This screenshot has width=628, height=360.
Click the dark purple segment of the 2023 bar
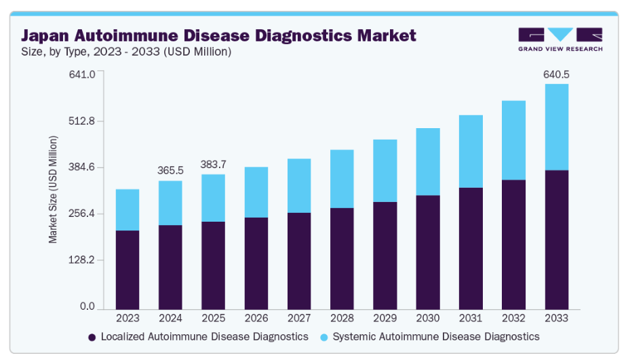127,269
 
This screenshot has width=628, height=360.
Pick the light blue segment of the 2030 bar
428,161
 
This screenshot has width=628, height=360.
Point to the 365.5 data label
170,170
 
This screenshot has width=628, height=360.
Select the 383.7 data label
213,164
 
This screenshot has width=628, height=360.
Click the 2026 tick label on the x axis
256,317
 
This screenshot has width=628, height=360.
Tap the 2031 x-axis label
471,317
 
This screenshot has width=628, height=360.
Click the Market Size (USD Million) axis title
53,190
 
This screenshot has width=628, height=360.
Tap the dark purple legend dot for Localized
92,337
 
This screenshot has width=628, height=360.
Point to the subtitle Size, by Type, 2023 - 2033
126,52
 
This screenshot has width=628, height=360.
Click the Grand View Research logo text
560,48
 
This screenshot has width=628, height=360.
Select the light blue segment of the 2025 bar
213,198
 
